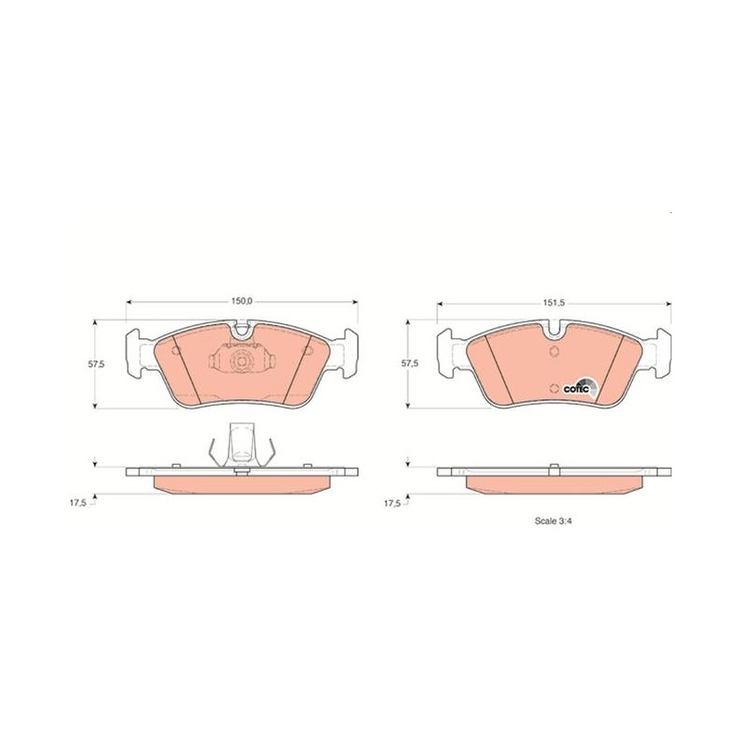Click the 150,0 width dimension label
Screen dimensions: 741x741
point(242,301)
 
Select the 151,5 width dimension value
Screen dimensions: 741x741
point(554,303)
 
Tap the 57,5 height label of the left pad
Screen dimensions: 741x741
point(96,364)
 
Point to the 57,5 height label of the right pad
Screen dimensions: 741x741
point(409,363)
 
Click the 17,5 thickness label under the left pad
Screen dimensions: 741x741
point(78,503)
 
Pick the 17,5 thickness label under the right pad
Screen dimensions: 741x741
point(392,503)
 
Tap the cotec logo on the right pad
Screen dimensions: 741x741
point(581,388)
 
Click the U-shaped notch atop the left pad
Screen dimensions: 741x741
point(242,331)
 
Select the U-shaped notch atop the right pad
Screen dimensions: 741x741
point(554,331)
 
